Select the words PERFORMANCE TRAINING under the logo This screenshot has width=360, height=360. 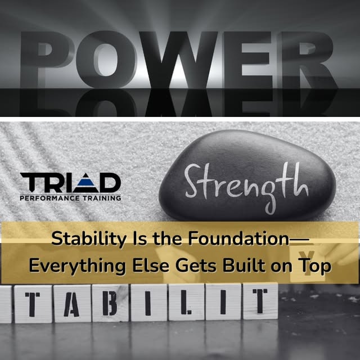coord(70,198)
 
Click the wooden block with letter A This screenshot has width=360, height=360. coord(74,304)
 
